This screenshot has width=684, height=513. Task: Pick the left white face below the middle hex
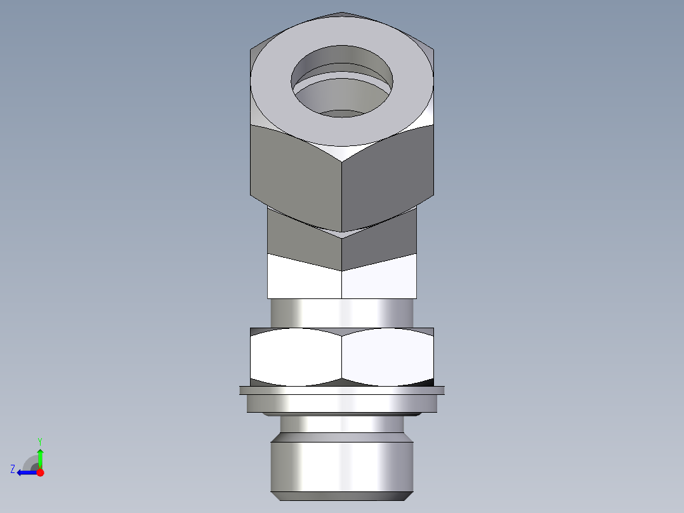coord(303,279)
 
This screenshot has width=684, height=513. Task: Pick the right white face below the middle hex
coord(379,283)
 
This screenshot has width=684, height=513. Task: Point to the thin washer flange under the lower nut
coord(341,400)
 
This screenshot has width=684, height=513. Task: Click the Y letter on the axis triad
coord(39,441)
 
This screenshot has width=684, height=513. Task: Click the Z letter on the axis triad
coord(13,469)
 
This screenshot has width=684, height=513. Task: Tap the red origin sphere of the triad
coord(40,472)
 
